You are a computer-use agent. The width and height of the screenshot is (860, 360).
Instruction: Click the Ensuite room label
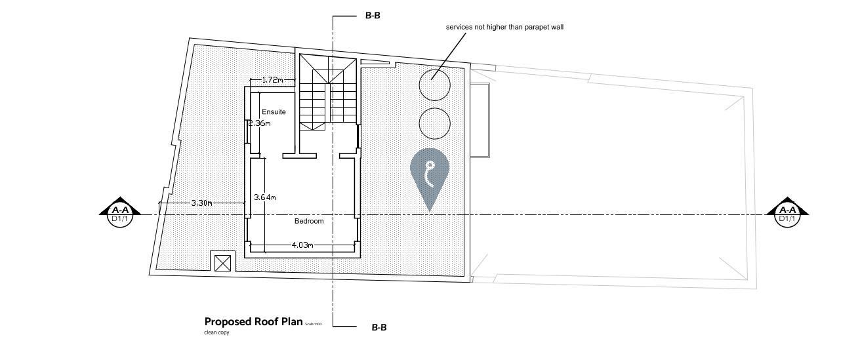274,112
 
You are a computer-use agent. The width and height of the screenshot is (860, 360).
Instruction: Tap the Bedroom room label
308,221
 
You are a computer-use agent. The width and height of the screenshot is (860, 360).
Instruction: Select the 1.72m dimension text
272,80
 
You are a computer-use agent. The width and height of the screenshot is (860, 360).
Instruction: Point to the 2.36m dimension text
258,123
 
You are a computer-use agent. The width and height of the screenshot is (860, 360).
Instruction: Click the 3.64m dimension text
264,197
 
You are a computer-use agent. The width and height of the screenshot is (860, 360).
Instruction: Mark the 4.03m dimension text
302,245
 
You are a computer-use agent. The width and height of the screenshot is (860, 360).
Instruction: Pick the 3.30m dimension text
201,203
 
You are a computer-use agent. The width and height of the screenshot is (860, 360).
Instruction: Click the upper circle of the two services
435,84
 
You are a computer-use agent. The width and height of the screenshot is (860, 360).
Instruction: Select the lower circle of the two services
434,123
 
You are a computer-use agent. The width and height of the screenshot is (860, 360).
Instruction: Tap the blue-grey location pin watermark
430,174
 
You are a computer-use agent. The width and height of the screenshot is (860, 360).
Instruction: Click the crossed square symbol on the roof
223,264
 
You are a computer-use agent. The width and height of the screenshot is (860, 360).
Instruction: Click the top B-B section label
373,15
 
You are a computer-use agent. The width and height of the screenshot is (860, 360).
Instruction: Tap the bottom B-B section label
379,327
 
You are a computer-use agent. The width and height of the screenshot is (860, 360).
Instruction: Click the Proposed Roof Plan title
253,322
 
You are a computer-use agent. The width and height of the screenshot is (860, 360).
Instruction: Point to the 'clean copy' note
216,332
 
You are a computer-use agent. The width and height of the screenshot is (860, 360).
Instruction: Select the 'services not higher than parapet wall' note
504,27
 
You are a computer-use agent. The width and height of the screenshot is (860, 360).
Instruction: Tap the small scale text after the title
314,324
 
